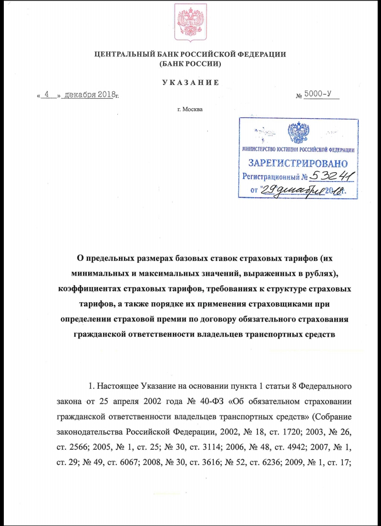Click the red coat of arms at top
tap(190, 22)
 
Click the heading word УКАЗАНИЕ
tap(190, 83)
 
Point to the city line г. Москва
tap(190, 110)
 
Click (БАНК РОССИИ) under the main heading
tap(190, 63)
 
